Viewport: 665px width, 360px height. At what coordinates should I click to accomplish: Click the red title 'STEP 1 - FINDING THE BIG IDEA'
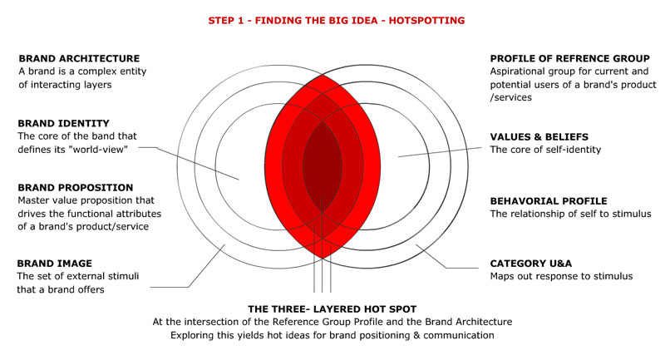tap(293, 20)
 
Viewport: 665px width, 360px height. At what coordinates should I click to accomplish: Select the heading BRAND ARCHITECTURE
tap(79, 58)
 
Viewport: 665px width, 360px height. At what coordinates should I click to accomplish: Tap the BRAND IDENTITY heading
tap(64, 123)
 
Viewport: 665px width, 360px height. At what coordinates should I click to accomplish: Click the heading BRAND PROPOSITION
tap(76, 187)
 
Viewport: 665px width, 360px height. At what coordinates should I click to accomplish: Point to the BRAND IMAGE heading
tap(54, 264)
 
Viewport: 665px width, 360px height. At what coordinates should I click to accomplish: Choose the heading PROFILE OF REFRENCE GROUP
tap(570, 58)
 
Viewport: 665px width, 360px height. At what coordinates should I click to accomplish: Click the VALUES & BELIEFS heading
tap(539, 137)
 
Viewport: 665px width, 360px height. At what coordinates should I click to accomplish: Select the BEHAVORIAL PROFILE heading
tap(549, 201)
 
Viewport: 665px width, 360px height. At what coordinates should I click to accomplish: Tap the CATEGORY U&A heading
tap(531, 264)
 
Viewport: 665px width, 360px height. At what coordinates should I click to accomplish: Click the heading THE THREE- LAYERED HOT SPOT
tap(332, 309)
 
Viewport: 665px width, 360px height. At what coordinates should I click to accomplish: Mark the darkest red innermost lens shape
tap(323, 166)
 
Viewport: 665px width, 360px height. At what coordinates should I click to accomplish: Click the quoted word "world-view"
tap(98, 150)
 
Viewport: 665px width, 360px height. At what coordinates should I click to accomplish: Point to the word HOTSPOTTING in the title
tap(426, 20)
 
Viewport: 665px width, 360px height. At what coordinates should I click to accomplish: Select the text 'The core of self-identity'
tap(546, 150)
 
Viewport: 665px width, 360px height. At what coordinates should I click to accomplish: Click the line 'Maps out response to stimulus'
tap(562, 277)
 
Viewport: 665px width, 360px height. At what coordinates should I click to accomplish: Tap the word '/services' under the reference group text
tap(511, 97)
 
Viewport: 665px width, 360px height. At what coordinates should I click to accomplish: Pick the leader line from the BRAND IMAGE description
tap(188, 266)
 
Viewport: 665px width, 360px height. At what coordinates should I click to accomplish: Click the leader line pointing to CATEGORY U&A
tap(447, 256)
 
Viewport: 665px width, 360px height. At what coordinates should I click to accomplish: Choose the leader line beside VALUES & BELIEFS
tap(440, 152)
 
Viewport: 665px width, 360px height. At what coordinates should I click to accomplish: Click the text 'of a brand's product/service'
tap(83, 226)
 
